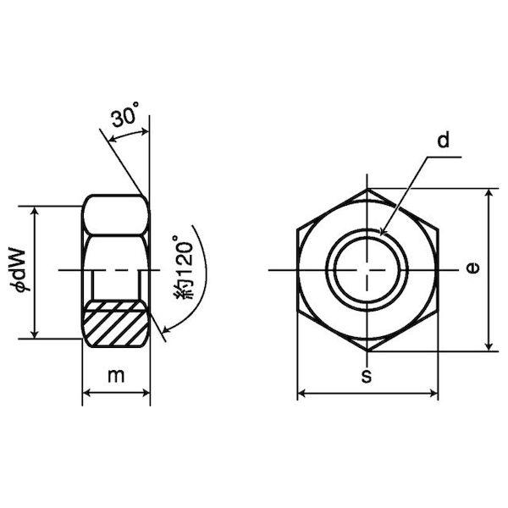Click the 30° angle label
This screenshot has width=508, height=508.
coord(125,114)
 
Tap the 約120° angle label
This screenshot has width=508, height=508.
coord(184,268)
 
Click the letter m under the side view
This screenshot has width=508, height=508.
coord(116,376)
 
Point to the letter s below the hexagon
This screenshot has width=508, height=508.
coord(367,376)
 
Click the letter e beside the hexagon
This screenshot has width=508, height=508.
coord(473,268)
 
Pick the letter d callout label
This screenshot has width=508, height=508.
coord(444,141)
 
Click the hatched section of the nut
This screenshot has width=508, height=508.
coord(116,323)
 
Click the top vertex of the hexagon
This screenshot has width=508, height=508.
coord(367,189)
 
